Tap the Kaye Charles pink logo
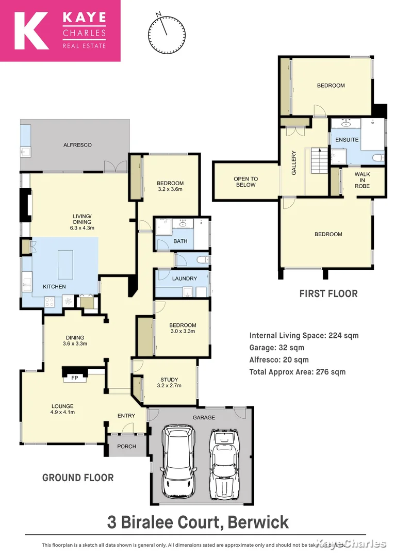[x=60, y=31]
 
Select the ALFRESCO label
[x=77, y=145]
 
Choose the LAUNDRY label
[x=185, y=278]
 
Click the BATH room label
[x=180, y=241]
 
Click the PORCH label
[x=126, y=447]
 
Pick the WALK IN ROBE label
[x=362, y=180]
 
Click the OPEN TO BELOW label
[x=246, y=182]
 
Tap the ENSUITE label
[x=347, y=140]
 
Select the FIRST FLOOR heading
[x=329, y=294]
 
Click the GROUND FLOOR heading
[x=78, y=478]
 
